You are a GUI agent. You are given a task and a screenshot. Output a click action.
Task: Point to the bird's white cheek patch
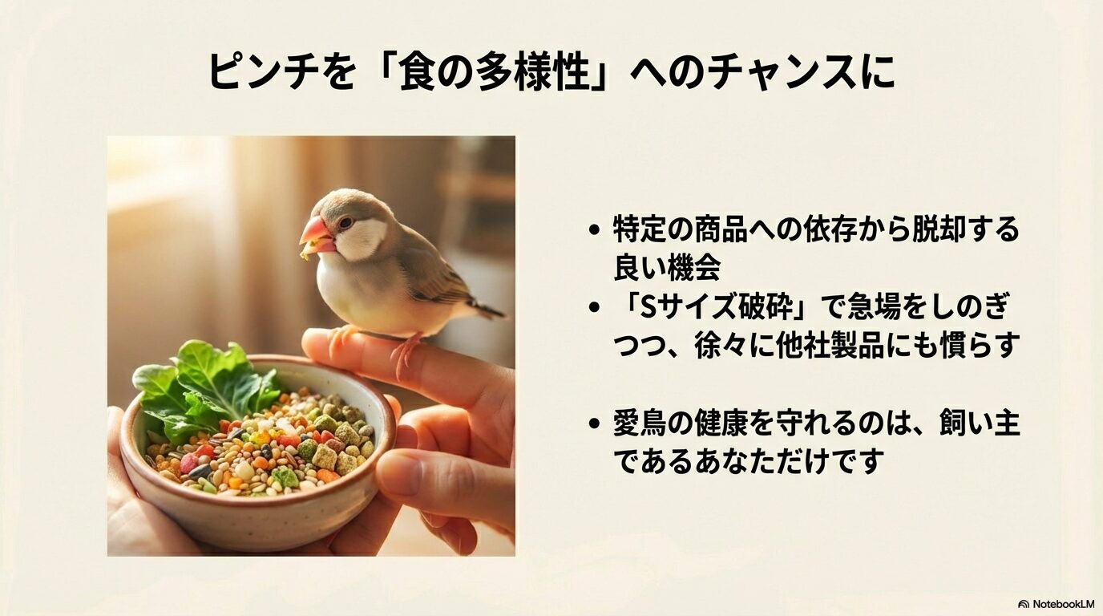pos(358,238)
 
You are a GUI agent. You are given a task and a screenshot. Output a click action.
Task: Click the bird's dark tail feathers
pos(486,309)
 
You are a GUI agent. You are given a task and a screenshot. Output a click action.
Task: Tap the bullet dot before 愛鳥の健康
pos(594,423)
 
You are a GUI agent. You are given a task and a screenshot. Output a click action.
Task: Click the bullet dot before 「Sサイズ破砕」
pos(594,308)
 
